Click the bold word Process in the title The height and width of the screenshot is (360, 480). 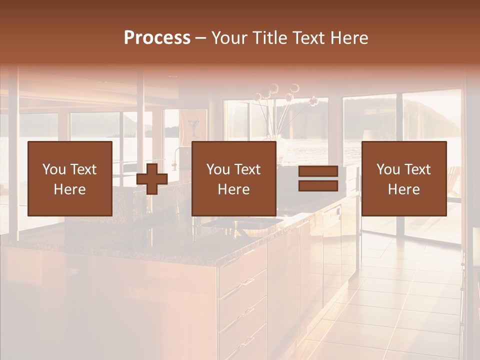pos(157,38)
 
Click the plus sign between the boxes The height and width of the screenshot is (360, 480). pos(152,179)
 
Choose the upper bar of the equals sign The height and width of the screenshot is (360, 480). pos(318,171)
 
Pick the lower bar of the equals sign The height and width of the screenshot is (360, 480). pos(318,186)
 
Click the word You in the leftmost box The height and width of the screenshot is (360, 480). pos(53,169)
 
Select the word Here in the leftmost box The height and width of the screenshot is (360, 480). pos(69,189)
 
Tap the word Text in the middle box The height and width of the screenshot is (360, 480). pos(247,169)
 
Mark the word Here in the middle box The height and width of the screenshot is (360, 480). pos(233,189)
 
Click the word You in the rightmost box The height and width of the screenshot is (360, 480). pos(387,169)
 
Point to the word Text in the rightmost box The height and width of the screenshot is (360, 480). pos(417,169)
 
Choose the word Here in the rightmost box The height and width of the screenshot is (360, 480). pos(403,189)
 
